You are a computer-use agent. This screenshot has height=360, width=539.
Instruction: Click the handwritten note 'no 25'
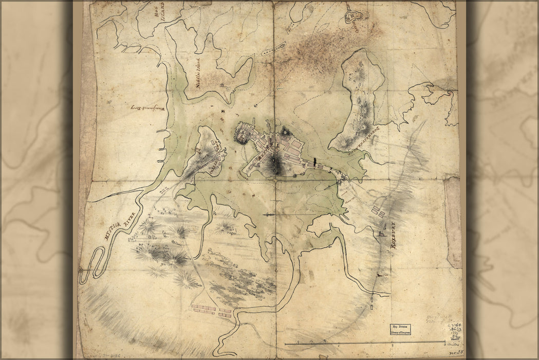pyautogui.click(x=453, y=353)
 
